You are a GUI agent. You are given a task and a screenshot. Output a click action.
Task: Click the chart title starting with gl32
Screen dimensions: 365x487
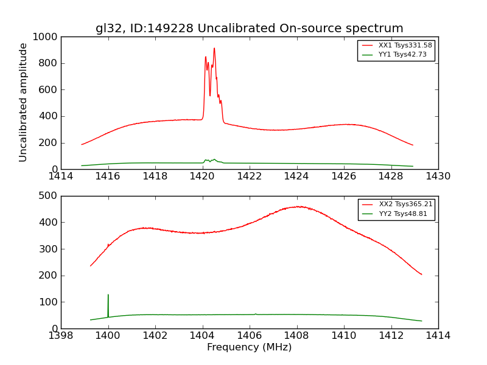click(250, 28)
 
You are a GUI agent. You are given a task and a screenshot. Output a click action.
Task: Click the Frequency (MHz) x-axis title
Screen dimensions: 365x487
click(250, 347)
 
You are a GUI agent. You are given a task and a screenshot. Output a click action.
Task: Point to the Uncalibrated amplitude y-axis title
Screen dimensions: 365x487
click(24, 102)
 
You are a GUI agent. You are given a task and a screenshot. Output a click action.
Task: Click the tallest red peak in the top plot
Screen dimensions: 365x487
click(214, 49)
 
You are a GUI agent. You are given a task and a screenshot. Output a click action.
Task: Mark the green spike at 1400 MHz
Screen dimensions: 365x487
click(108, 296)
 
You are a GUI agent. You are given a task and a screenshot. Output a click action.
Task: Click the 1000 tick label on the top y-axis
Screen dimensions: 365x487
click(46, 37)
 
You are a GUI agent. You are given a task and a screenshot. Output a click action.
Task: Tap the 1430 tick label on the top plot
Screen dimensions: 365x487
click(438, 176)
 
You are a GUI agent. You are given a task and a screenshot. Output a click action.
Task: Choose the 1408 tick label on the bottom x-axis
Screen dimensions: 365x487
click(296, 335)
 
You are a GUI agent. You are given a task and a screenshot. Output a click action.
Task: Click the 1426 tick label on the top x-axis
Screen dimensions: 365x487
click(344, 176)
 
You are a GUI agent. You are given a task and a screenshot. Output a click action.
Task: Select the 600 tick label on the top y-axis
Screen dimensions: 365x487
click(49, 90)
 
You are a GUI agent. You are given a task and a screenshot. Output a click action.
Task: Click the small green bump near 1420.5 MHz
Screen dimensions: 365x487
click(214, 159)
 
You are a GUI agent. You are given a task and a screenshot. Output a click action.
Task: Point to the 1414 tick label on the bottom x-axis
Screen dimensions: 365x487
click(438, 335)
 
